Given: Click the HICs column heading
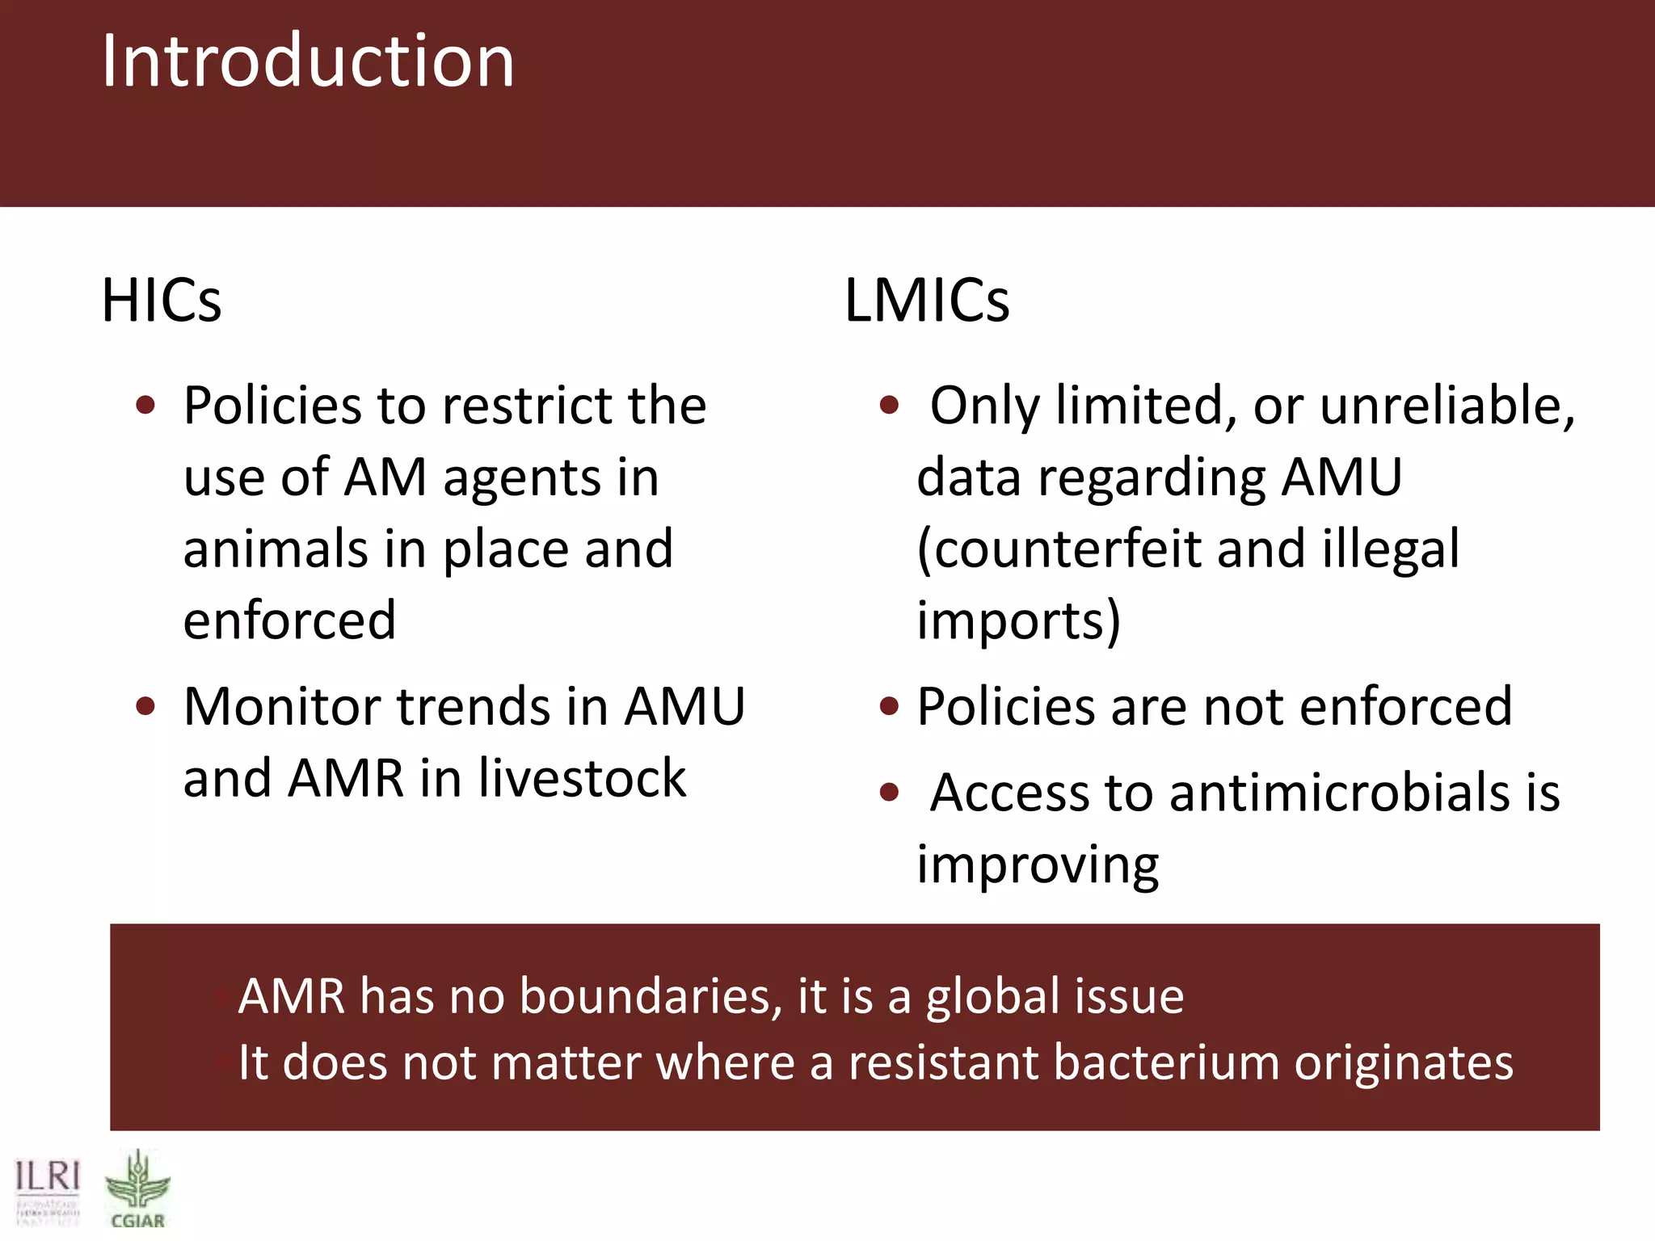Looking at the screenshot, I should point(161,301).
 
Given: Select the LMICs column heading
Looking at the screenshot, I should point(926,301).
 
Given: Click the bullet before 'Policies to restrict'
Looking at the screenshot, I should point(145,405).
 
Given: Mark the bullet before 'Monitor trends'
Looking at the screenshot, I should point(145,707).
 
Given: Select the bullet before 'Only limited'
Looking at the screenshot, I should point(889,405).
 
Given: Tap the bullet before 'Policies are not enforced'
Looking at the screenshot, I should point(889,707).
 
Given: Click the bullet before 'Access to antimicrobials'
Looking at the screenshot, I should point(889,793).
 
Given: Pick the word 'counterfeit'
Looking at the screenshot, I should point(1059,549).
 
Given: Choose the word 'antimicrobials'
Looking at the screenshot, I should point(1340,793).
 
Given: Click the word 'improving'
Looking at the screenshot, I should point(1038,864).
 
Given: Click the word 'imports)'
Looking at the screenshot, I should point(1018,620).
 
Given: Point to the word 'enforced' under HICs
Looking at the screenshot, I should point(289,620).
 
